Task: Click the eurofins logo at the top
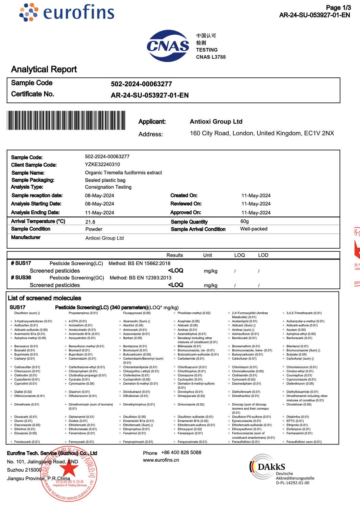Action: (x=67, y=12)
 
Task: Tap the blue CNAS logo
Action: (x=168, y=46)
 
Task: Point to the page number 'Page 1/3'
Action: (x=338, y=8)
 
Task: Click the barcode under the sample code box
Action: (x=66, y=120)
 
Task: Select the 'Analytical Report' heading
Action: (x=44, y=70)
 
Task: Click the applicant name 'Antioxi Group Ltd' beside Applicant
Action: (x=216, y=122)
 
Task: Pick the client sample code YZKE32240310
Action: (x=102, y=164)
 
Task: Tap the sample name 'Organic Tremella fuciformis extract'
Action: (x=123, y=173)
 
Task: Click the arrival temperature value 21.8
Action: (x=90, y=222)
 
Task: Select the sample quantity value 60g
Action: (x=244, y=222)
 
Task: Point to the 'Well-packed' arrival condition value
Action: (x=254, y=229)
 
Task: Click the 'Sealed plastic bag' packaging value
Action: (x=105, y=180)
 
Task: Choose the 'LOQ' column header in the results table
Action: (x=240, y=255)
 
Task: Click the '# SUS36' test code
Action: (x=21, y=277)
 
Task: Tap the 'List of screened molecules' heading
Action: (x=44, y=298)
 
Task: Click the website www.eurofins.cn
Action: (x=161, y=460)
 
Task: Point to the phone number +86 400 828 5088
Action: (x=181, y=452)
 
